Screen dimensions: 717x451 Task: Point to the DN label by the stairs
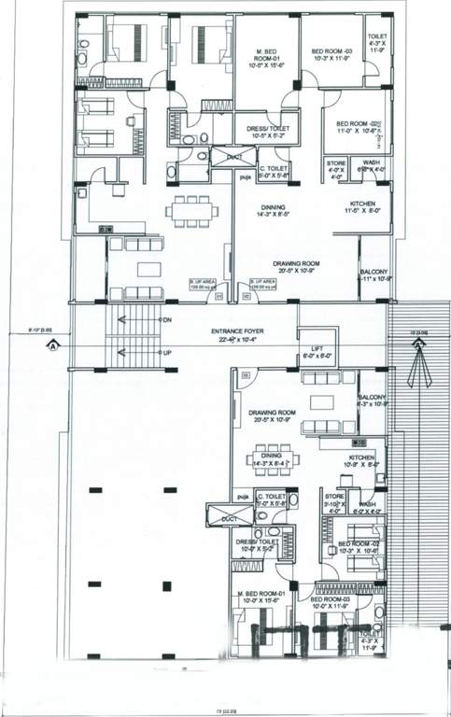tap(167, 320)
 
